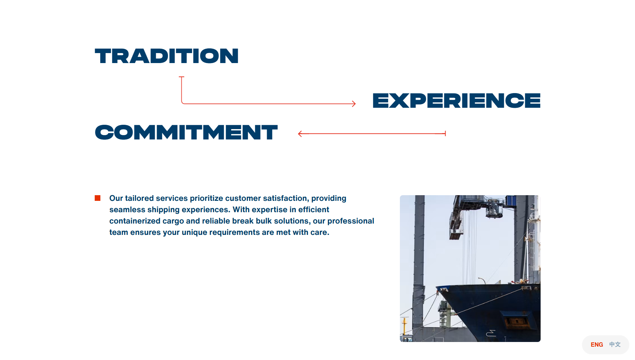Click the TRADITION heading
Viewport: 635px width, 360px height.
[167, 56]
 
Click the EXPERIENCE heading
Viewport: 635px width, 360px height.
[456, 100]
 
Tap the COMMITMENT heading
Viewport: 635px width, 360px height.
[186, 132]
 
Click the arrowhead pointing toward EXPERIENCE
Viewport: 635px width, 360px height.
[354, 104]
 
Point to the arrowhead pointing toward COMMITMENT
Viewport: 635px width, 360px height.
[300, 133]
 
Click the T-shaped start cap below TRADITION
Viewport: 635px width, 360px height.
[181, 77]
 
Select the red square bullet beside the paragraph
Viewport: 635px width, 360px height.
[98, 198]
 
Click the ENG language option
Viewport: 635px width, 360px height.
[597, 345]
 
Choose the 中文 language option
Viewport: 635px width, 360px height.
[615, 344]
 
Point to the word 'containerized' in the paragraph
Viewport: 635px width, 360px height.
[135, 221]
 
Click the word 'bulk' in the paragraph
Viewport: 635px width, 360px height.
[264, 221]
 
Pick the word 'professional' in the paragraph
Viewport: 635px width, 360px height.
[351, 221]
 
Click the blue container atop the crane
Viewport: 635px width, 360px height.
[511, 201]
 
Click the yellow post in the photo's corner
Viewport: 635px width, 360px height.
[405, 329]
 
